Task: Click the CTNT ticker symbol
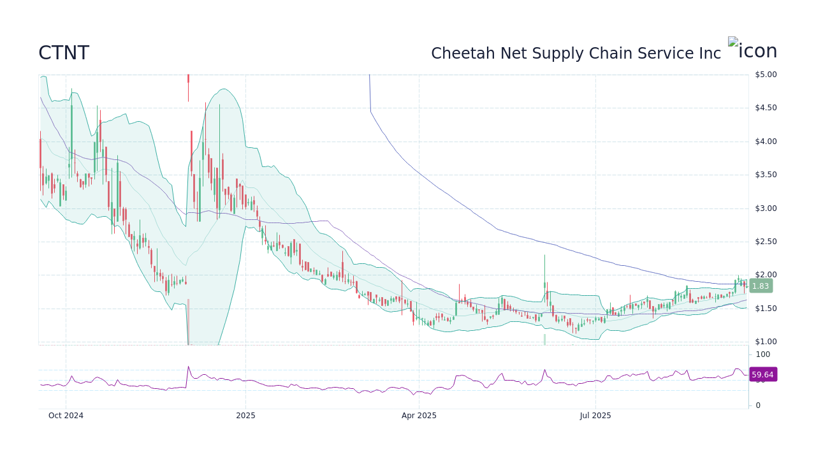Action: [64, 54]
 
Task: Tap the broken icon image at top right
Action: [752, 50]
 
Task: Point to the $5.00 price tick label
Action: [766, 75]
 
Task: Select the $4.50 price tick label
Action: [766, 108]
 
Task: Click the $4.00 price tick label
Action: [766, 142]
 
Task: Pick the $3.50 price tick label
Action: [766, 175]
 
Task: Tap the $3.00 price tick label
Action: [766, 208]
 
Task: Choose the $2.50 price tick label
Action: [766, 242]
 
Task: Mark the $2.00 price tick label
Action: [766, 275]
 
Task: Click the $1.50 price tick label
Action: [766, 309]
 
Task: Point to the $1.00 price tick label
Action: [766, 342]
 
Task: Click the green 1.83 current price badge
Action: [761, 286]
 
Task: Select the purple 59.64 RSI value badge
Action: [762, 375]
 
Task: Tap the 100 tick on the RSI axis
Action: [763, 354]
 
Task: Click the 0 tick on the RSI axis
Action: [758, 405]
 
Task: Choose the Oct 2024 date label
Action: [66, 416]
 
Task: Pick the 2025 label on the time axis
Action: [245, 416]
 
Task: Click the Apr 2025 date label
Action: [419, 416]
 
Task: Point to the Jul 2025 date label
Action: [595, 416]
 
